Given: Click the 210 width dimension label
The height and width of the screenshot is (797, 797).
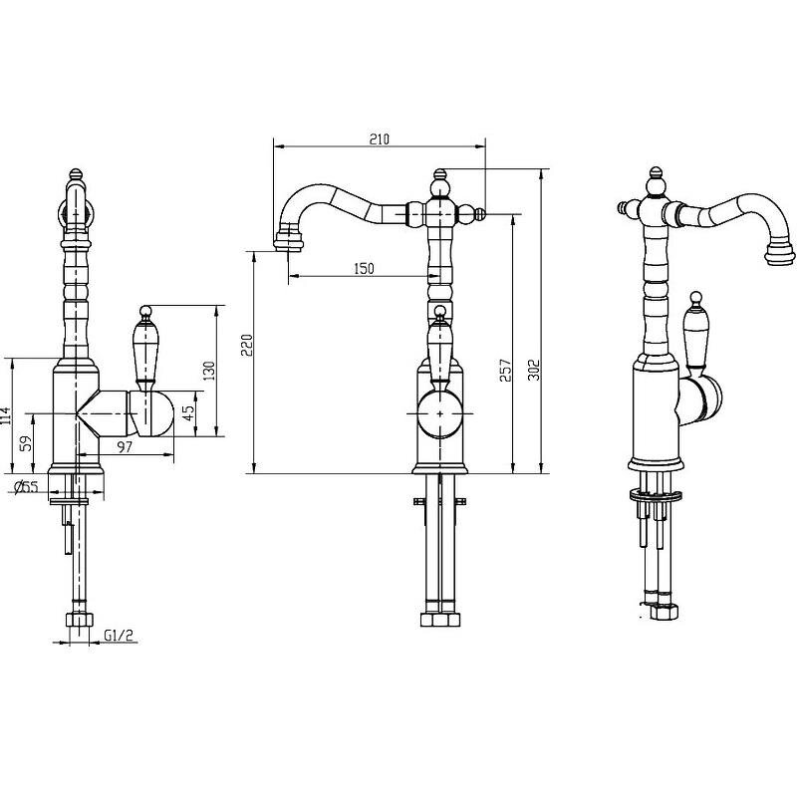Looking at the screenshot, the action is tap(380, 138).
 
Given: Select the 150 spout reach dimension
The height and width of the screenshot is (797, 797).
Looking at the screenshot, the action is tap(364, 268).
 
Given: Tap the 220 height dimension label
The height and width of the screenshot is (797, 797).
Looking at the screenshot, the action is tap(246, 345).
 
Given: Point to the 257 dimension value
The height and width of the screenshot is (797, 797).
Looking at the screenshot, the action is tap(505, 371).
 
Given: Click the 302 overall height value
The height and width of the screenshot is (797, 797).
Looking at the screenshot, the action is tap(533, 370).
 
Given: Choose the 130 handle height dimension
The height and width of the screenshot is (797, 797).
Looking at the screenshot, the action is tap(209, 371).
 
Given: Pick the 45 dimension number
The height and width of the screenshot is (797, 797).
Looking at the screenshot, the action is tap(187, 412).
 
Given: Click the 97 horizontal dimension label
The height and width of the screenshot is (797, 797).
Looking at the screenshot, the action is tap(125, 446).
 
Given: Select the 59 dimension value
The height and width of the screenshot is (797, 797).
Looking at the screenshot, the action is tap(26, 443).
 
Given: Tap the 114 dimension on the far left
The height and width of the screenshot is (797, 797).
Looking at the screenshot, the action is tap(5, 415).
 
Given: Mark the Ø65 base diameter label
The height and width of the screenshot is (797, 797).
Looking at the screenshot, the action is tap(26, 486).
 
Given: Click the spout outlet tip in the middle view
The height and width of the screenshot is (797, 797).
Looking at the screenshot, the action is tap(289, 241).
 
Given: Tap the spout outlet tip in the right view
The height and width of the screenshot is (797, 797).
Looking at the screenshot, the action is tap(778, 253).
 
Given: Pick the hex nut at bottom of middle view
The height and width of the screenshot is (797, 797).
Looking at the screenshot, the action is tap(440, 620).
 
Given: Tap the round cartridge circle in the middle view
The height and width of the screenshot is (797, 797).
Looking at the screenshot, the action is tap(440, 413).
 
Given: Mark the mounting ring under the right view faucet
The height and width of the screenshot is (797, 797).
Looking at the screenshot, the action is tap(656, 494).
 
